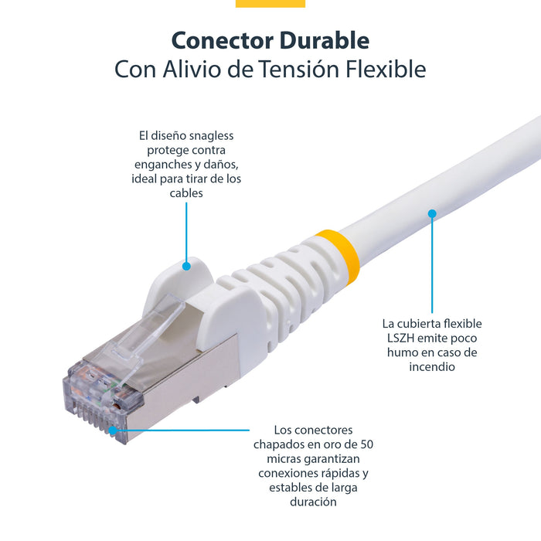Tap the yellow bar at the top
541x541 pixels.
click(270, 3)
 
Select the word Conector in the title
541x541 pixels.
click(217, 40)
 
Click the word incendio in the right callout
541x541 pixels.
click(431, 366)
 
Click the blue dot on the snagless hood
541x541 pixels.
click(186, 266)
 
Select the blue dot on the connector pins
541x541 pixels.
click(113, 430)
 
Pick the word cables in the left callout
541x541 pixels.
click(186, 193)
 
